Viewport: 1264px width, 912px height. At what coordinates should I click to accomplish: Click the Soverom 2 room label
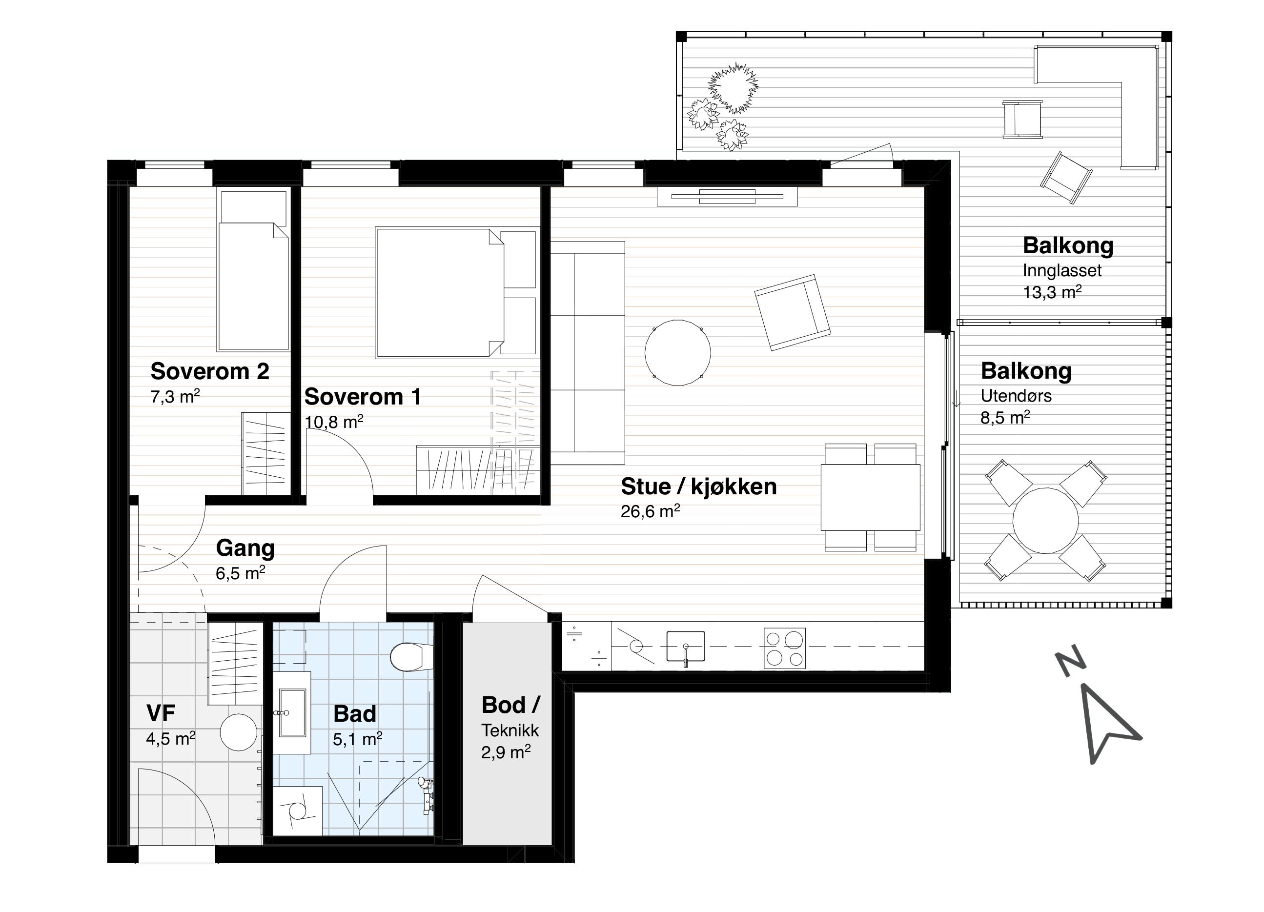click(210, 371)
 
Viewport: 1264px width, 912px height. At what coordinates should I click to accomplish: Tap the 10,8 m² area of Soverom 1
click(334, 421)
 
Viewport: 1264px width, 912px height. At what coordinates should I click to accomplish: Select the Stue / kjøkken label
click(699, 486)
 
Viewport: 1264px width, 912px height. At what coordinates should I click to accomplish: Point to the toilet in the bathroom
click(411, 657)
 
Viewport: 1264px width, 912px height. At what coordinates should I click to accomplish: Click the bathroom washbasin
click(292, 712)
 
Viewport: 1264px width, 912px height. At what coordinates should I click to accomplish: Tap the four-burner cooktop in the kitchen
click(785, 648)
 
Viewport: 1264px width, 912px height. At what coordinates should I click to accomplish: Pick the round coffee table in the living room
click(678, 353)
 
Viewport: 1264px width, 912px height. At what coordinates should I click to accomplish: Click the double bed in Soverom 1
click(455, 292)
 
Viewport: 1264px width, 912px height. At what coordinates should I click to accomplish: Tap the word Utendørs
click(1016, 396)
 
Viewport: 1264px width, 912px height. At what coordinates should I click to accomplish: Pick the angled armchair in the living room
click(793, 313)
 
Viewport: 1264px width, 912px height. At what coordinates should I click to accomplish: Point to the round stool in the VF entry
click(239, 732)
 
